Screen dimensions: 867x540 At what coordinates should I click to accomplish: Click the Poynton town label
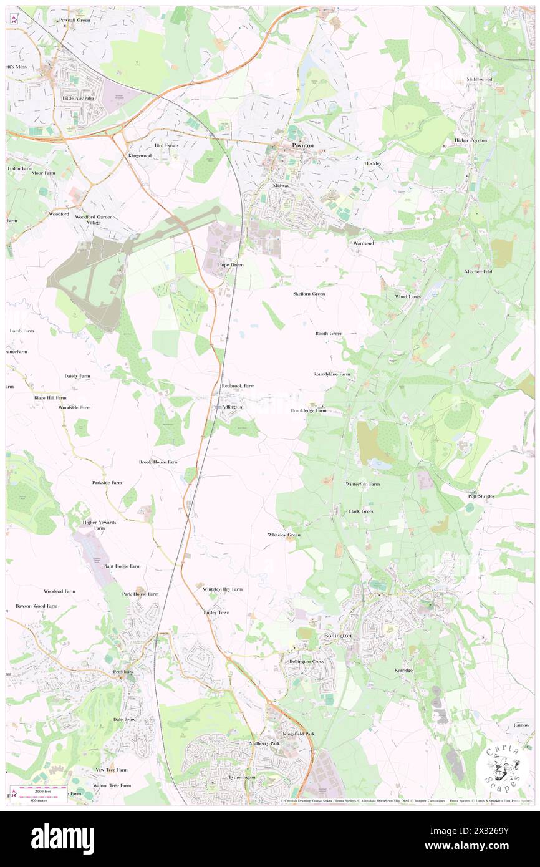303,145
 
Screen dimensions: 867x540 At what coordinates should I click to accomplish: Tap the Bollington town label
338,635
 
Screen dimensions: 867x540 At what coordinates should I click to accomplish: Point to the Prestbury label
123,672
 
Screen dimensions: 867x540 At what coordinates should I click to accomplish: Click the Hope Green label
231,265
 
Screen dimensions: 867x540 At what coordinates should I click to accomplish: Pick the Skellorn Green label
309,293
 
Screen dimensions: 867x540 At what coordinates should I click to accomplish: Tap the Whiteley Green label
284,535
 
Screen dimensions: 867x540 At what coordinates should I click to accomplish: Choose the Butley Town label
216,612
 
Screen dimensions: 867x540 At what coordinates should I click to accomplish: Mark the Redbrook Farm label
238,386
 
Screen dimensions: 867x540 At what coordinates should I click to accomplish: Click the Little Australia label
78,99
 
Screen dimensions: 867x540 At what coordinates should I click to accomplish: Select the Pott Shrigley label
481,496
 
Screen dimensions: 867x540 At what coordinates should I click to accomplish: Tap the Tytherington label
224,777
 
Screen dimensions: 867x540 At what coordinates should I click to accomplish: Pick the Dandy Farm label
77,377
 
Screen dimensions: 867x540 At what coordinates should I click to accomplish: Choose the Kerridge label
403,669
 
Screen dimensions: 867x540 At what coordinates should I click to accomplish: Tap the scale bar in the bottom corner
41,794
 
